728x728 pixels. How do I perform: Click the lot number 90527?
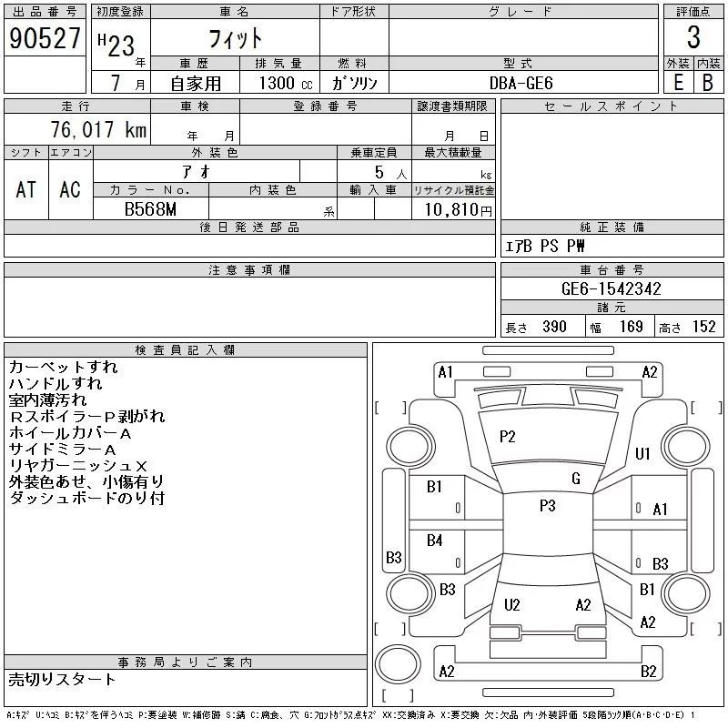[45, 38]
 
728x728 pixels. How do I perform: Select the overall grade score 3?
[693, 37]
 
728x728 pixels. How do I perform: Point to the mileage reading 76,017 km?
[98, 129]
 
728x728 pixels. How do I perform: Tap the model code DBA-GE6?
[521, 83]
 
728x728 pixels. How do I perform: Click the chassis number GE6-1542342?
[611, 288]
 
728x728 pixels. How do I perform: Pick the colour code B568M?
[150, 209]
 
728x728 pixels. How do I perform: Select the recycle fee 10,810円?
[459, 210]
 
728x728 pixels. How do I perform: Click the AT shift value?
[26, 189]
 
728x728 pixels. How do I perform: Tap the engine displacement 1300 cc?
[286, 83]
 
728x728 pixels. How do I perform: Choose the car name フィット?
[236, 38]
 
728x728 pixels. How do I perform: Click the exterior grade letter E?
[678, 83]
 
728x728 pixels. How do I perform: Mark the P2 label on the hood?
[508, 437]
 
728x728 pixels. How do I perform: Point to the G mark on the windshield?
[576, 479]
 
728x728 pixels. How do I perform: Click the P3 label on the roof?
[548, 505]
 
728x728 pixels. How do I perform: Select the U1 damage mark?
[642, 453]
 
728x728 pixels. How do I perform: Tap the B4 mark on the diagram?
[435, 540]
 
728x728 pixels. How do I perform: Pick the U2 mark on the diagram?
[512, 604]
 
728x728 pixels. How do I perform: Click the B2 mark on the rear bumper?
[649, 672]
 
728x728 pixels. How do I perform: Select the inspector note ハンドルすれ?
[56, 383]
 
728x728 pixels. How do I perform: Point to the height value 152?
[703, 327]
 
